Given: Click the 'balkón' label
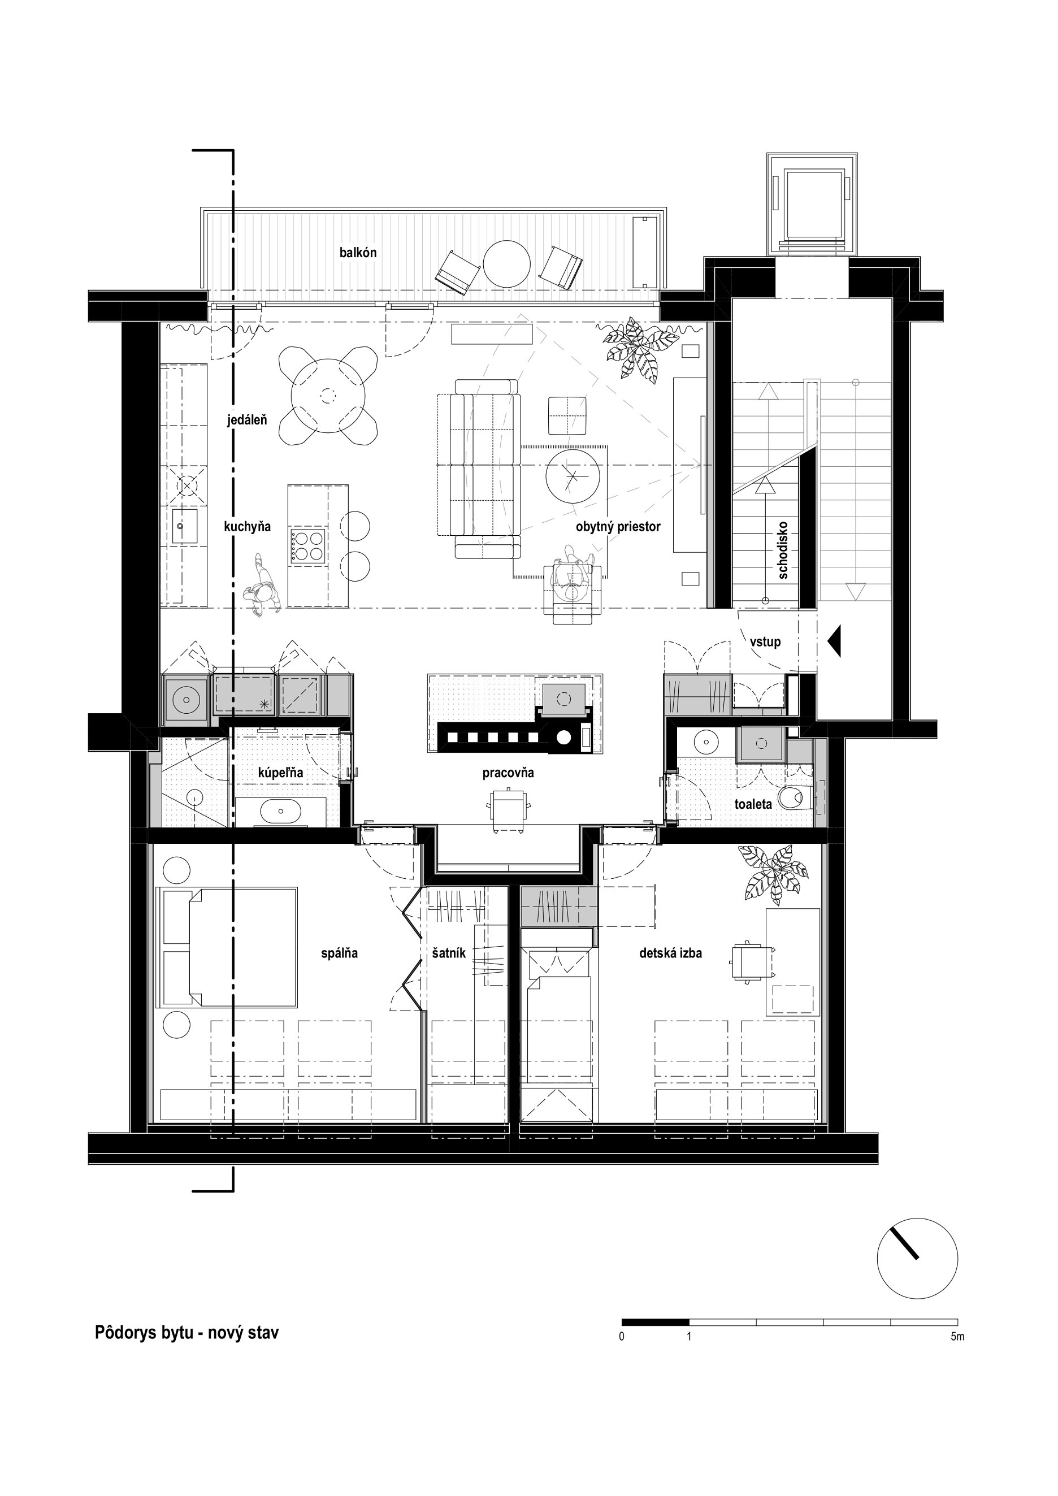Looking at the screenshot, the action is point(358,253).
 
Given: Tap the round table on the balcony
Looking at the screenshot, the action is point(506,264).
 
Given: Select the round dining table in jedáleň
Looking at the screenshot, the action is point(328,395).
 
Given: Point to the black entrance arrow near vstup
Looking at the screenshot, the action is point(835,641).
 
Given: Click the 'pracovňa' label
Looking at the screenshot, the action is point(508,773).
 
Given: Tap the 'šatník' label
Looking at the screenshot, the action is point(449,953).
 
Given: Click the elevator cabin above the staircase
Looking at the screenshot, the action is point(812,203).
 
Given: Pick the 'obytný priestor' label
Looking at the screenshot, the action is point(618,527).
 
